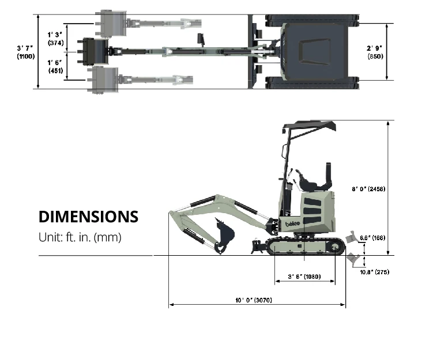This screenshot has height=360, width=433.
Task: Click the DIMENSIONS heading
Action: [x=88, y=217]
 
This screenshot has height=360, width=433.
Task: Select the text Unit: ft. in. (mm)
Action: [x=80, y=237]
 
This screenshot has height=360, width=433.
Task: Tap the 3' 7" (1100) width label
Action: [x=26, y=52]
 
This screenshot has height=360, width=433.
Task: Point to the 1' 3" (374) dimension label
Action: [x=55, y=39]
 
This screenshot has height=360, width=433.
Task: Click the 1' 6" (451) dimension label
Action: [x=55, y=67]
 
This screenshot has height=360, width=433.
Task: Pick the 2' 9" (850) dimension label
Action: [x=375, y=52]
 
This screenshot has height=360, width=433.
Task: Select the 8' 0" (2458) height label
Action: [x=368, y=189]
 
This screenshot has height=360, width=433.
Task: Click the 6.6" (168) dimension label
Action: [x=372, y=238]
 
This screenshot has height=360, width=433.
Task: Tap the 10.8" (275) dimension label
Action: [x=374, y=272]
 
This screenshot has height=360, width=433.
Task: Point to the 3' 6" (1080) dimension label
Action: [x=304, y=276]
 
